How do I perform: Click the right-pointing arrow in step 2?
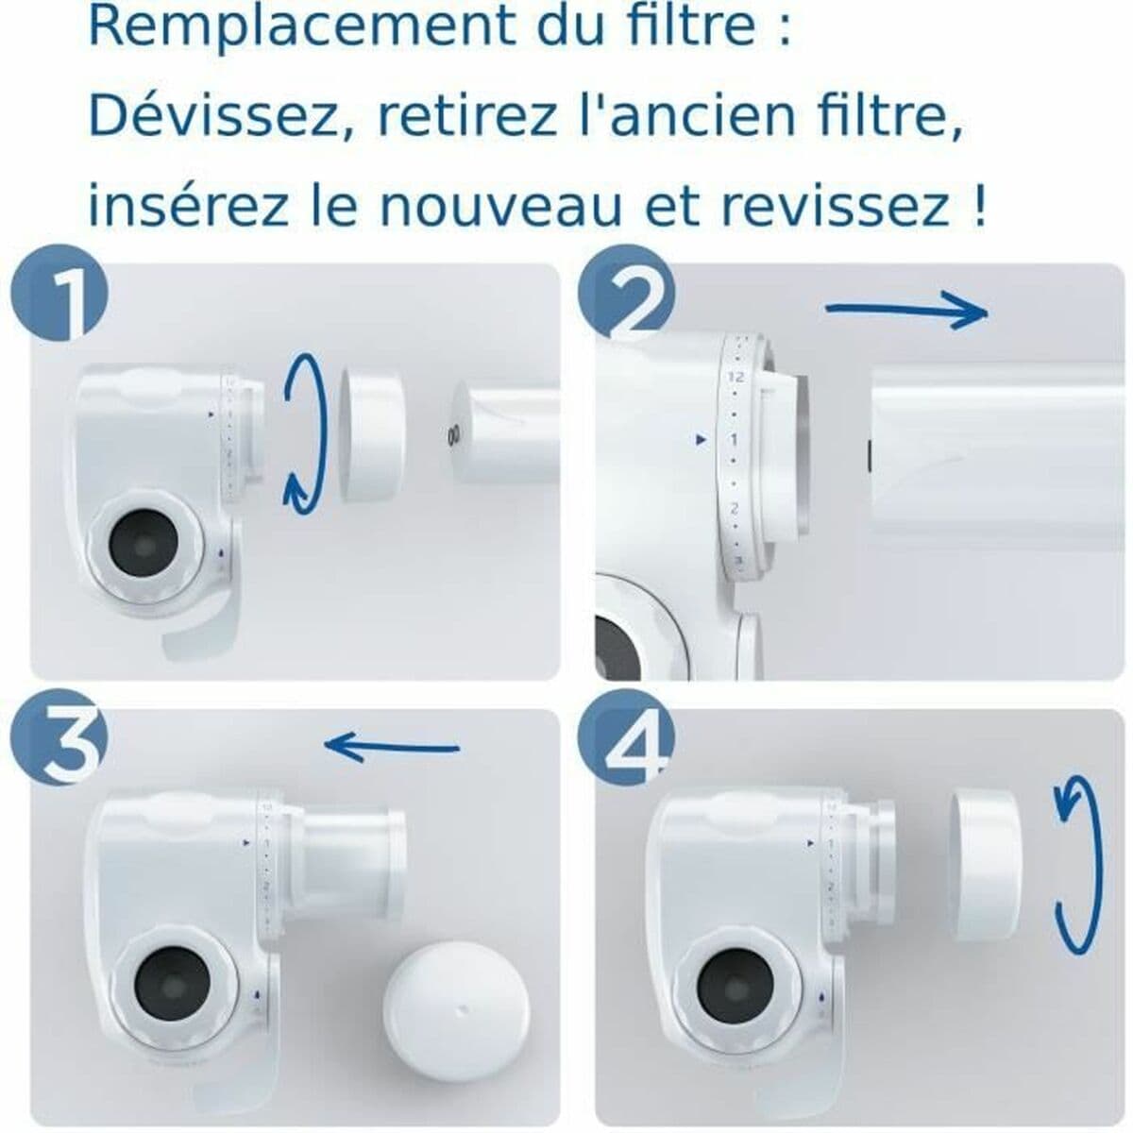[906, 312]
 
